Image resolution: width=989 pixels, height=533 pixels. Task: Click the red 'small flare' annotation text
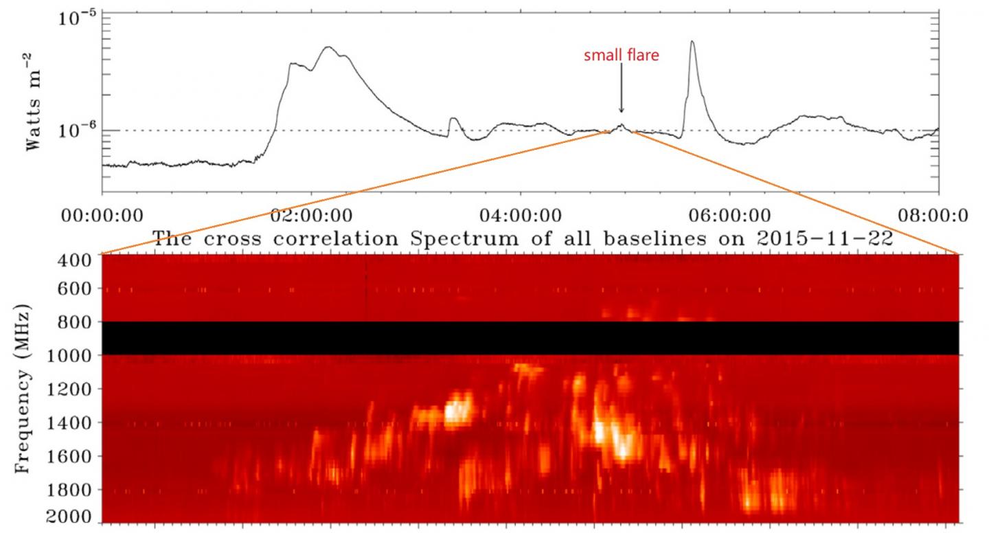(x=621, y=56)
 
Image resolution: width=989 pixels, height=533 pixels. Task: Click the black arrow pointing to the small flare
(x=621, y=89)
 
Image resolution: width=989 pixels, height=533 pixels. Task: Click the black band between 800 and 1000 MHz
(x=529, y=338)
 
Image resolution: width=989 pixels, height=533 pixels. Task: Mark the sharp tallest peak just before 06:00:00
(x=692, y=43)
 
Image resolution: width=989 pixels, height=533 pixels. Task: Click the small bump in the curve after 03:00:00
(x=453, y=120)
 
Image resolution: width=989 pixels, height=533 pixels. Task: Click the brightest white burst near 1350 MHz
(x=456, y=411)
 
